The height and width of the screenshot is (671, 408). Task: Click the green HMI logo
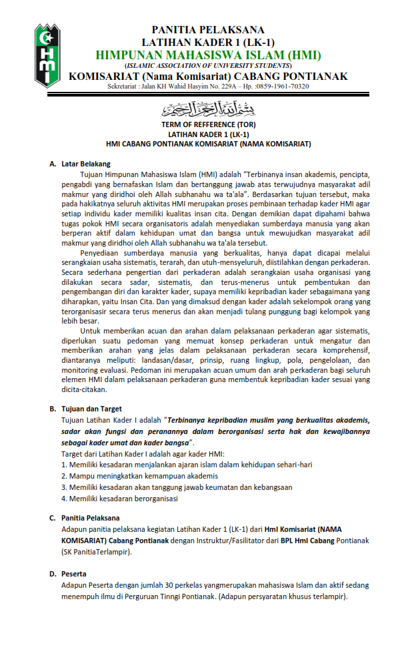[x=46, y=55]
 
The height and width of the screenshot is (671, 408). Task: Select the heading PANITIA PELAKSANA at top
[x=208, y=30]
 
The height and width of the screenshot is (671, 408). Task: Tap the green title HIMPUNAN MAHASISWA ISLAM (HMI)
[x=208, y=55]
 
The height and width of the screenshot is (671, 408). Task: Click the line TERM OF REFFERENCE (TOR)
[x=208, y=124]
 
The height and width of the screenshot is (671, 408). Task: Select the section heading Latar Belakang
[x=86, y=164]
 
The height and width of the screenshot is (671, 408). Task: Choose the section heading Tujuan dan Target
[x=91, y=409]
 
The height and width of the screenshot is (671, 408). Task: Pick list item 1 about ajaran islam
[x=187, y=465]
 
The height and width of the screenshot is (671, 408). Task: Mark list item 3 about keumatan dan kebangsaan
[x=177, y=487]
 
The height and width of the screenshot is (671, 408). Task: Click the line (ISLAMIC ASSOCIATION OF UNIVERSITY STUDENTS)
[x=208, y=66]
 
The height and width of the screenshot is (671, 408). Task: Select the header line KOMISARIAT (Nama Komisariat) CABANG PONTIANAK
[x=208, y=77]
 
